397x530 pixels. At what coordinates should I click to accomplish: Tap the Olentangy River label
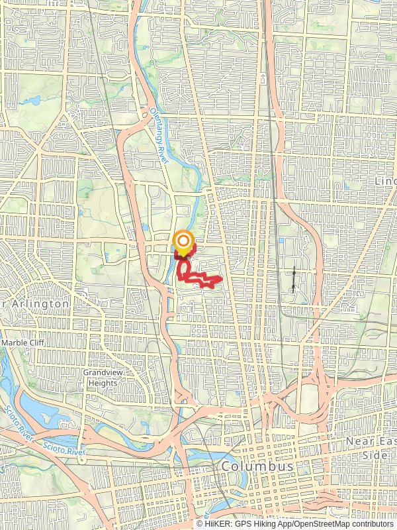(160, 136)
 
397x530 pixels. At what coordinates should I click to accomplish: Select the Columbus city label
(257, 466)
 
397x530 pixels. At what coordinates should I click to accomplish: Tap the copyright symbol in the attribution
(200, 523)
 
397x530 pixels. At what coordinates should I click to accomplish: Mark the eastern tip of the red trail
(220, 280)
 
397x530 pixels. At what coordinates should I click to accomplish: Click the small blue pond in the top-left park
(30, 103)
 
